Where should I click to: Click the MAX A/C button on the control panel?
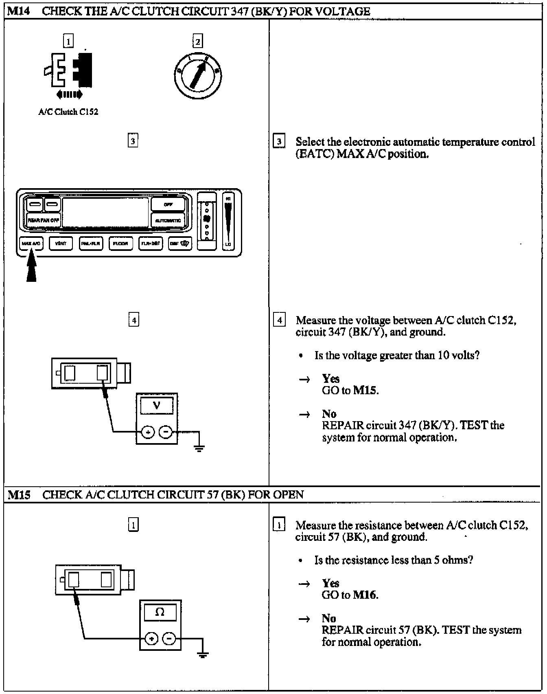click(x=31, y=244)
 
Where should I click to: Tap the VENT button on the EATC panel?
click(x=61, y=244)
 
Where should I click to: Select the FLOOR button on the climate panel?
click(x=120, y=244)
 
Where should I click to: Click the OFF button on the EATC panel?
click(x=168, y=204)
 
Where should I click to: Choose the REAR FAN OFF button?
click(x=43, y=220)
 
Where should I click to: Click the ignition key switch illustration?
click(x=198, y=76)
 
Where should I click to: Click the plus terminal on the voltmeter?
click(x=148, y=432)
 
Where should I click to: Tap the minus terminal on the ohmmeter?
click(x=169, y=638)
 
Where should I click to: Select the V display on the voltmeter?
click(x=157, y=406)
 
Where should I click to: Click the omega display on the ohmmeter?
click(x=160, y=612)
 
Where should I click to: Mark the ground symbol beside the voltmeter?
click(x=199, y=448)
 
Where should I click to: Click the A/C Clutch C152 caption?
click(x=68, y=112)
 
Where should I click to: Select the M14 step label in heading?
click(x=19, y=11)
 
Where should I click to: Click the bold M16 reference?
click(x=365, y=595)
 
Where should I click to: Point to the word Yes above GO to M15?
click(x=330, y=379)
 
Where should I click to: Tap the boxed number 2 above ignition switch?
click(x=197, y=41)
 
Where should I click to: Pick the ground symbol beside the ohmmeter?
click(x=203, y=654)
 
